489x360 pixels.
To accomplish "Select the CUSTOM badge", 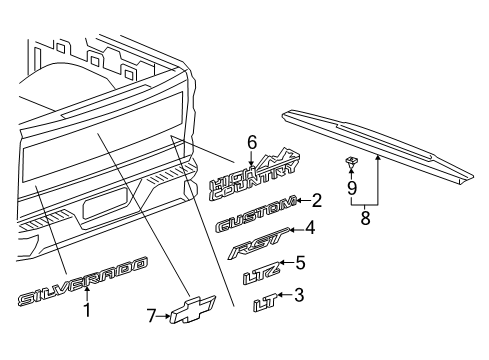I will tap(253, 203).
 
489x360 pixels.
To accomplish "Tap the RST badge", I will tap(254, 240).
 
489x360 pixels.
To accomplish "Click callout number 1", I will tap(86, 310).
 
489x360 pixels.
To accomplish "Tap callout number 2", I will tap(316, 200).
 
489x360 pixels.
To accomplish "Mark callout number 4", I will tap(310, 228).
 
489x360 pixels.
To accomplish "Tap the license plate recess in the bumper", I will tap(107, 207).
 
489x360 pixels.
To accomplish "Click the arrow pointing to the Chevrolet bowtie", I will tap(166, 315).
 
